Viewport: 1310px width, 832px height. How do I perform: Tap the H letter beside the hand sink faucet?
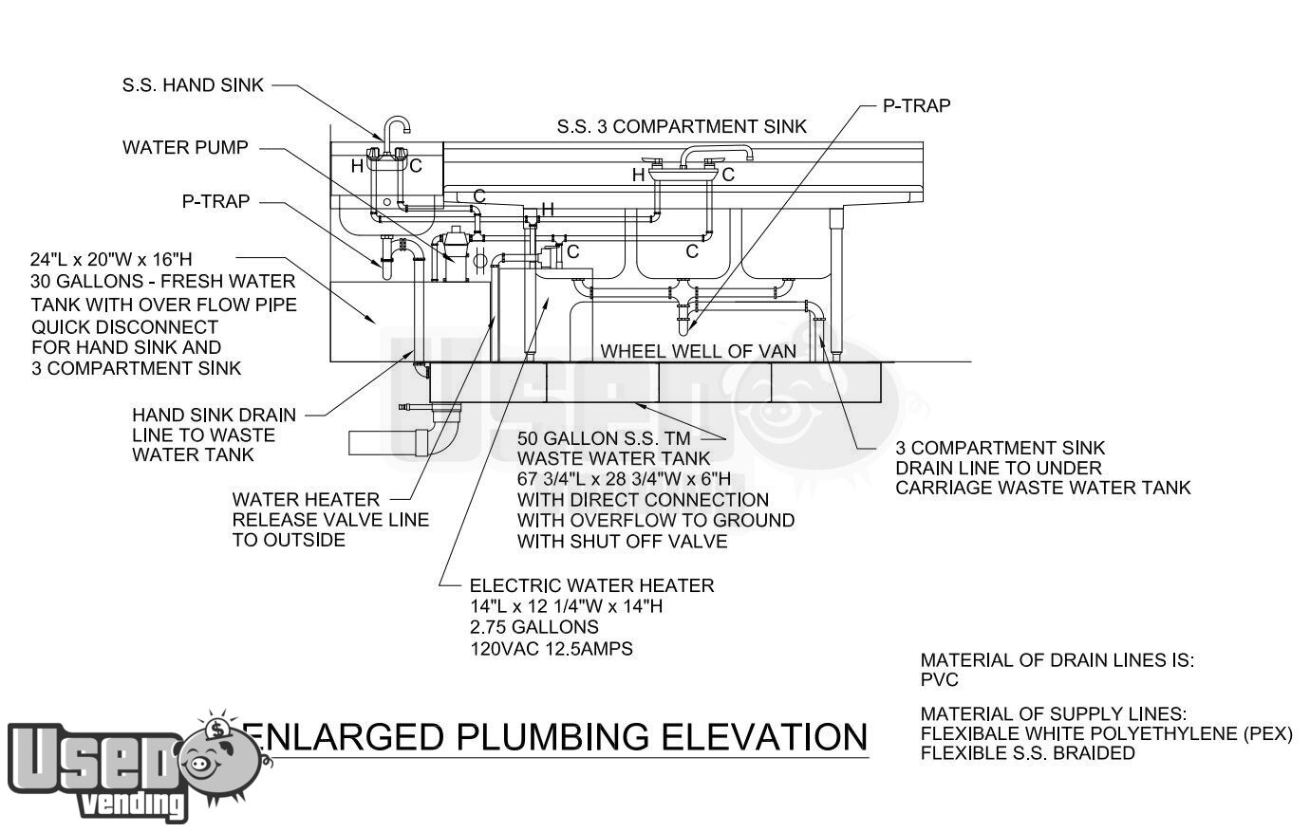[357, 166]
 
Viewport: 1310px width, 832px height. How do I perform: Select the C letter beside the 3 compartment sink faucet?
[728, 175]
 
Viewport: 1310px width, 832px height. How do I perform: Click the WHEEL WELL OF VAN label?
[698, 351]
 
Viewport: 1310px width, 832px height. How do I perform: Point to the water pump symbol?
[455, 254]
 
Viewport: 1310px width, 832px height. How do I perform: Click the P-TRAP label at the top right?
[916, 105]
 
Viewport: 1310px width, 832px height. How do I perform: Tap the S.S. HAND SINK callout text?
[193, 85]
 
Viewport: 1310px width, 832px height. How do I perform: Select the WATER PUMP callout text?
[185, 147]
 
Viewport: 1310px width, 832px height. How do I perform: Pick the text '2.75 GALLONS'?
[534, 627]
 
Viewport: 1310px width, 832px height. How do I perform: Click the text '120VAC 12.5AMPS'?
[551, 649]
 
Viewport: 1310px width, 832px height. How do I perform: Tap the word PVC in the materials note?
[940, 680]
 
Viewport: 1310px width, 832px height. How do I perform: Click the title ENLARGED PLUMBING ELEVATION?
[555, 736]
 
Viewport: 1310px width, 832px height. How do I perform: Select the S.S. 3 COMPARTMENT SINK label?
[682, 126]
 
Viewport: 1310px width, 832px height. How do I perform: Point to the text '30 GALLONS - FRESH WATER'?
[163, 281]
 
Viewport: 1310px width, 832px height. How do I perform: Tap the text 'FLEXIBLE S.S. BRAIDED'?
[1027, 753]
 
